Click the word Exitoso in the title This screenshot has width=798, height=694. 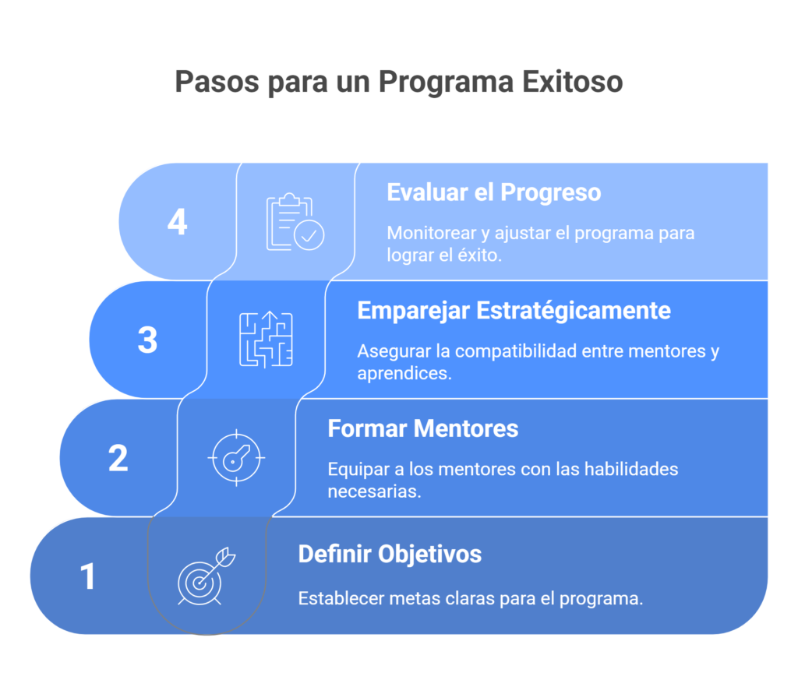coord(572,82)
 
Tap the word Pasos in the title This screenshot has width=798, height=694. coord(217,82)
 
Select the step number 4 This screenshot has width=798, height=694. coord(178,222)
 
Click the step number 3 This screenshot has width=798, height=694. coord(147,340)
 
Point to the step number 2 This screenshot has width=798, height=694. coord(118,458)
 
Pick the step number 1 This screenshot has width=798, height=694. coord(88,576)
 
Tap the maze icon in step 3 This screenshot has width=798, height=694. coord(267,340)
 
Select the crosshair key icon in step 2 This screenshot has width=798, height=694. coord(236,458)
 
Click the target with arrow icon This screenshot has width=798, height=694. coord(207,576)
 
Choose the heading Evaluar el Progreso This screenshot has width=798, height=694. coord(493,193)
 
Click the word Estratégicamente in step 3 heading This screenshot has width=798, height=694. coord(573,311)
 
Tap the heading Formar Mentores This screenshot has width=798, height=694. coord(423,428)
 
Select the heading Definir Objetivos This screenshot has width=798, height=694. coord(390,554)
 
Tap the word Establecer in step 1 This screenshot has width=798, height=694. coord(341,598)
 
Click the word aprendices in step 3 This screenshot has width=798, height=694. coord(404,373)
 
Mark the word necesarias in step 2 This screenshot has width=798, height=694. coord(374,491)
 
